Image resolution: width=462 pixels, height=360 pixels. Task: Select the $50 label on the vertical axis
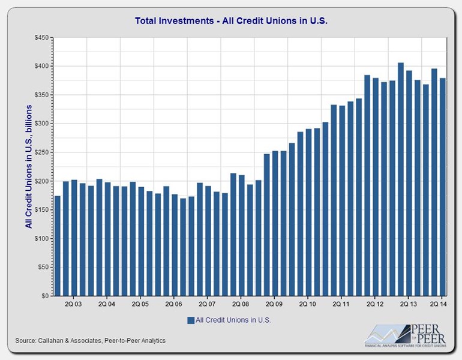43,268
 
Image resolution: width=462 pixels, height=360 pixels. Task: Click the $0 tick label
45,296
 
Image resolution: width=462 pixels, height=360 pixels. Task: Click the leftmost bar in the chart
58,246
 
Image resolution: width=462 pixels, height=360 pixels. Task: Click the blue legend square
191,320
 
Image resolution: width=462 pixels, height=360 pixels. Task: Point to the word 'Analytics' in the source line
151,341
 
